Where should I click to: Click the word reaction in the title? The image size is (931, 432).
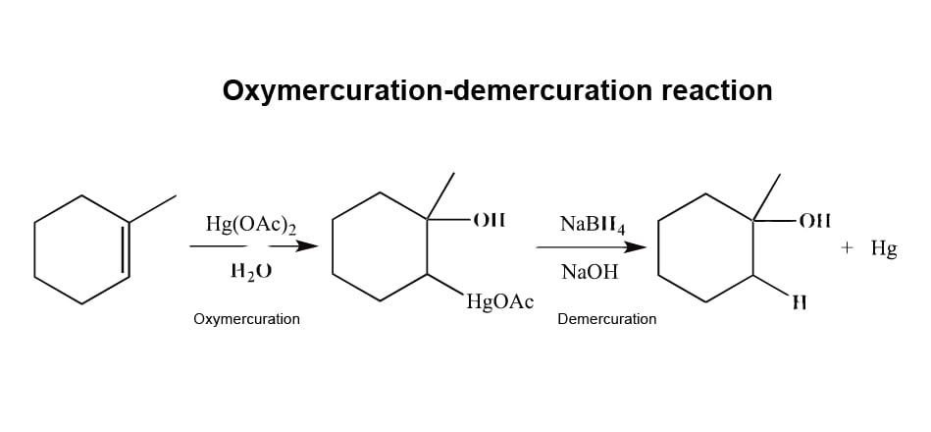(x=716, y=90)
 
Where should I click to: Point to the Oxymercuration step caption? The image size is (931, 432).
(x=247, y=319)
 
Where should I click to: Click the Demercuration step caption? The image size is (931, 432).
(x=607, y=319)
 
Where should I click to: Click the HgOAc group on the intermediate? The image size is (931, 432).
(x=500, y=302)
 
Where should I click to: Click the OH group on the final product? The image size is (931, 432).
(x=814, y=220)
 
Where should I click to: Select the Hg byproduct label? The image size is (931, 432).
(x=883, y=249)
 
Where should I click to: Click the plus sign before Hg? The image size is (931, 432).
(x=848, y=249)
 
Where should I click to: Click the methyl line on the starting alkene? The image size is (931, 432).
(x=153, y=207)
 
